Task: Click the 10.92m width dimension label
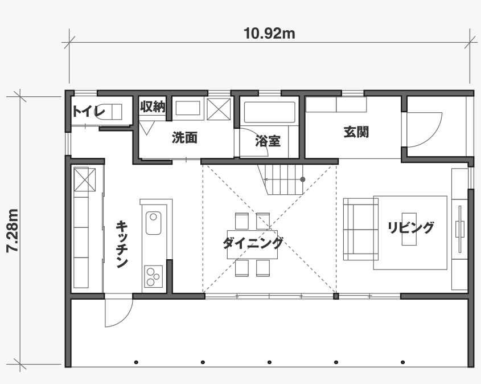(x=269, y=33)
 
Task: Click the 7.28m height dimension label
(x=13, y=231)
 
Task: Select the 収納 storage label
(x=153, y=106)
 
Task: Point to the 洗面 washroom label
(x=184, y=137)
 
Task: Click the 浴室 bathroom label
(x=268, y=141)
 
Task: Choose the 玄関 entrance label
(x=356, y=132)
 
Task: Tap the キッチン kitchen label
(x=122, y=244)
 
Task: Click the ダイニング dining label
(x=253, y=243)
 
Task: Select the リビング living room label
(x=411, y=228)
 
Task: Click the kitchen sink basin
(x=153, y=223)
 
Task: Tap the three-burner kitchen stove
(x=153, y=276)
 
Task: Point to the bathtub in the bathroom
(x=269, y=112)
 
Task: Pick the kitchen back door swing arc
(x=126, y=319)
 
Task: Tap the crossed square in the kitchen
(x=85, y=179)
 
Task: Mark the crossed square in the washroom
(x=219, y=109)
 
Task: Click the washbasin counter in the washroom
(x=188, y=108)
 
